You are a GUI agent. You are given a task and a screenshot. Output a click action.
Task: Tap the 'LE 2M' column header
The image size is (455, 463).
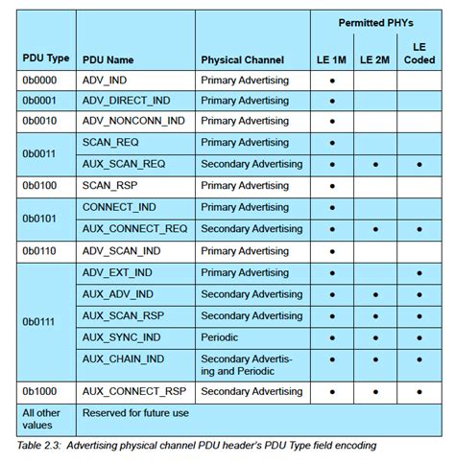click(375, 59)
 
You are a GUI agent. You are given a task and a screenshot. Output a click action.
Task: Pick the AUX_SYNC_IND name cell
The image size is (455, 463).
click(120, 337)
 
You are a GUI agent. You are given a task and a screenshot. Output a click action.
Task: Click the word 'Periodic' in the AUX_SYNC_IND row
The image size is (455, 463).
click(221, 337)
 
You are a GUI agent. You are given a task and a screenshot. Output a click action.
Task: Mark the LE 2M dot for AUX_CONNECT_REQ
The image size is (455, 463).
click(376, 229)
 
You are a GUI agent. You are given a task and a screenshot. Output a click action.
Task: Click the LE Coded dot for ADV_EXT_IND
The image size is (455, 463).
click(419, 273)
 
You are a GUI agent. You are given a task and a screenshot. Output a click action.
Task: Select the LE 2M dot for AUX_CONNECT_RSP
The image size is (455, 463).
click(376, 392)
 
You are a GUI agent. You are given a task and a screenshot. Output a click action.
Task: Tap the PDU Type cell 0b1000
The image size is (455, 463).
click(38, 392)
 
